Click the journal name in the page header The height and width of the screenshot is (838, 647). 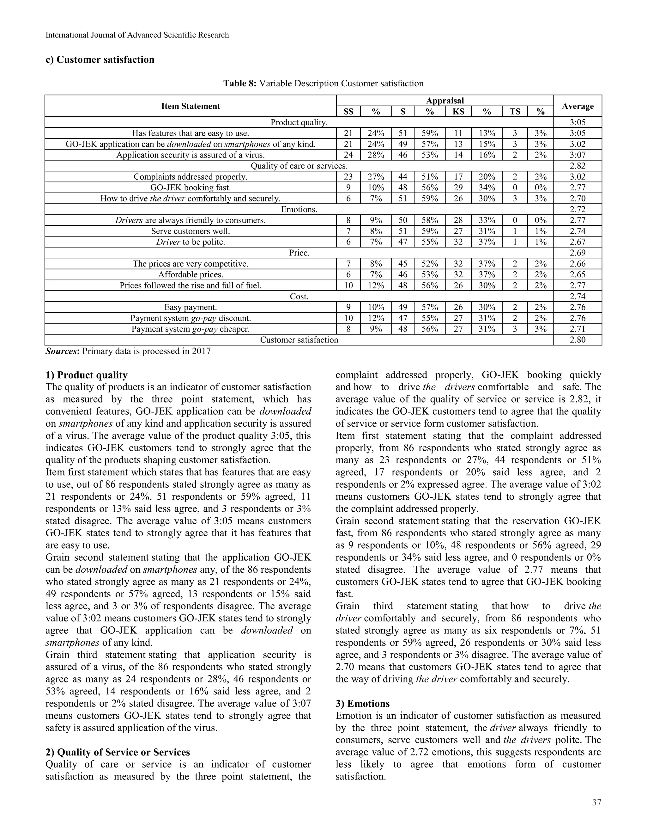pyautogui.click(x=137, y=35)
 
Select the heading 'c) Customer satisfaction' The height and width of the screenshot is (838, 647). pyautogui.click(x=100, y=59)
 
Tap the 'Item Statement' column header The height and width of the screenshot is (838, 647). pyautogui.click(x=190, y=106)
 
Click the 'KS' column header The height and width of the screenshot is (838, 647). pyautogui.click(x=458, y=112)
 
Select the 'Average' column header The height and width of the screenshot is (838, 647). pyautogui.click(x=577, y=106)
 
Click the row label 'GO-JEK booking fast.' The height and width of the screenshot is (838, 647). pyautogui.click(x=190, y=188)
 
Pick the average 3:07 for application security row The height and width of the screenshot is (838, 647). pyautogui.click(x=577, y=155)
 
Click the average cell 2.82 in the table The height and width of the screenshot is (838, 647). pyautogui.click(x=577, y=166)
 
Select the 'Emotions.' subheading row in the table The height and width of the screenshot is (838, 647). pyautogui.click(x=299, y=209)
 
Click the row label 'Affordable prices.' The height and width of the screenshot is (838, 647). pyautogui.click(x=190, y=275)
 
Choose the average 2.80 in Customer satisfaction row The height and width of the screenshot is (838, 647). pyautogui.click(x=577, y=340)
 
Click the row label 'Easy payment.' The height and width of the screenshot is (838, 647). pyautogui.click(x=190, y=307)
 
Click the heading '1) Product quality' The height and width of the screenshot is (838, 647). pyautogui.click(x=86, y=375)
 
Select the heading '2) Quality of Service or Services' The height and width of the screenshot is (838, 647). pyautogui.click(x=118, y=752)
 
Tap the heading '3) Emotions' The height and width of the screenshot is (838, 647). pyautogui.click(x=362, y=703)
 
